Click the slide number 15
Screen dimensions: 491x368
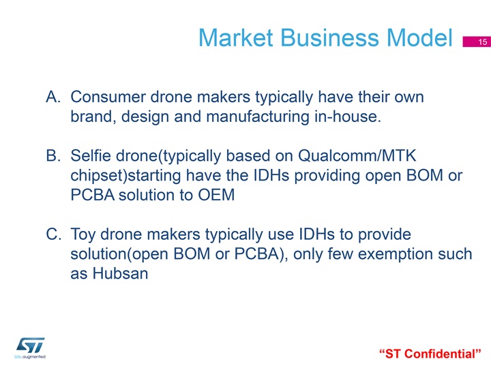point(483,42)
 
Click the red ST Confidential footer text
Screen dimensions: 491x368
point(430,354)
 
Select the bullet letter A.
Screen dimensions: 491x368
point(53,97)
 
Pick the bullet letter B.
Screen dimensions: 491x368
point(53,155)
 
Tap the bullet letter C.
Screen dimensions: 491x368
point(54,234)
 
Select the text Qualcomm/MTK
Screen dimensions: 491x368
point(357,155)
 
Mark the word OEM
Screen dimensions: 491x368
point(216,195)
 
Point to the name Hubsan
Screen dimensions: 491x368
point(120,273)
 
